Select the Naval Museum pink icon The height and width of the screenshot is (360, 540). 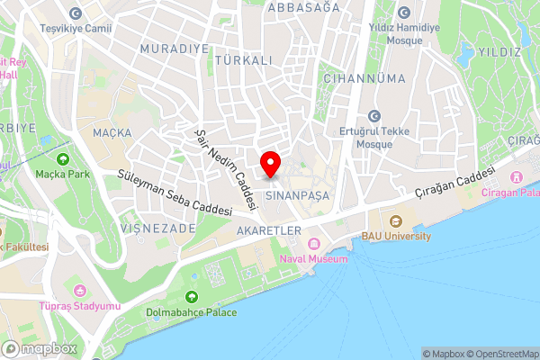(x=314, y=244)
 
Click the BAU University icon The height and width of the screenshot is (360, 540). (x=395, y=221)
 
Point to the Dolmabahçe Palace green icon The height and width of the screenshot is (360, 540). (x=191, y=298)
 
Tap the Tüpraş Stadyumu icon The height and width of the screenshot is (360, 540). (x=79, y=291)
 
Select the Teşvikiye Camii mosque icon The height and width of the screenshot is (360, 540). (x=75, y=13)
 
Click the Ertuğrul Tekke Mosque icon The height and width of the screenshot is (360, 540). (x=373, y=116)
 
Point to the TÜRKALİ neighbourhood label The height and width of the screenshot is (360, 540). (x=243, y=59)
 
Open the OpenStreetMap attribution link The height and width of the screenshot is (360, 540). (x=500, y=354)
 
